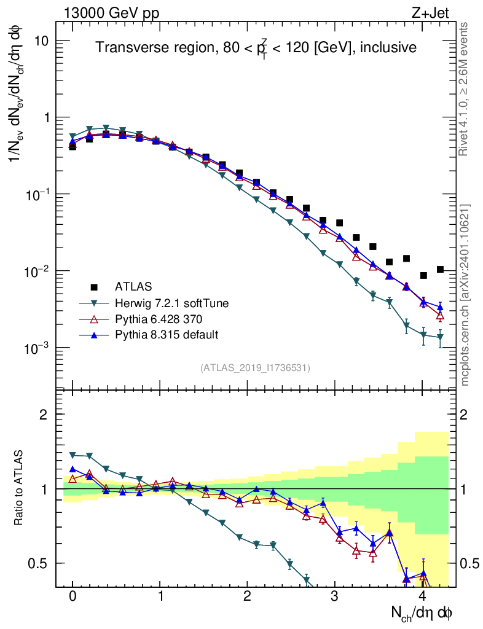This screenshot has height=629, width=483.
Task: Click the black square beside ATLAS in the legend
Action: point(93,286)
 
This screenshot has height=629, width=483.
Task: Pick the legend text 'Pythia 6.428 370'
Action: point(154,319)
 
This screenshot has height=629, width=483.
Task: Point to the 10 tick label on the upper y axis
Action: point(42,41)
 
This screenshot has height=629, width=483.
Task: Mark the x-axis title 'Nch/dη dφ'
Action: point(422,612)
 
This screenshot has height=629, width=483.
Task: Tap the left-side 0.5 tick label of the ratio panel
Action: point(39,563)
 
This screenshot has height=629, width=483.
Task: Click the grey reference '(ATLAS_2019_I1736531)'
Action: point(255,368)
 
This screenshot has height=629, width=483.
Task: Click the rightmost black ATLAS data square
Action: point(440,269)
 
